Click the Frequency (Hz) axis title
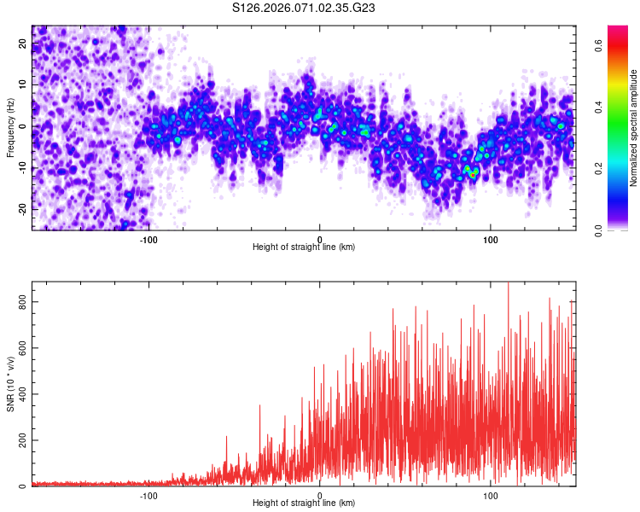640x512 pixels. [10, 128]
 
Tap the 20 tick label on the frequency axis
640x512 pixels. [24, 44]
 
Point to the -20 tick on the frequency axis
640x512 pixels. [24, 208]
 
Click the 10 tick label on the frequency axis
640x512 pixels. [24, 85]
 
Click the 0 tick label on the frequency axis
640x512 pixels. [24, 126]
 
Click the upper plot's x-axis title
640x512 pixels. [304, 247]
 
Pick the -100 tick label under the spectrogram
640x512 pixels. [149, 239]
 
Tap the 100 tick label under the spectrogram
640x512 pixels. [491, 239]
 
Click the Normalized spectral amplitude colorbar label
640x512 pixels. [634, 128]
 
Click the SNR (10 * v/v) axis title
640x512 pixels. [10, 384]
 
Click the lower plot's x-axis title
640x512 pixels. [304, 503]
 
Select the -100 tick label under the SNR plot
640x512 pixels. [149, 495]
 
